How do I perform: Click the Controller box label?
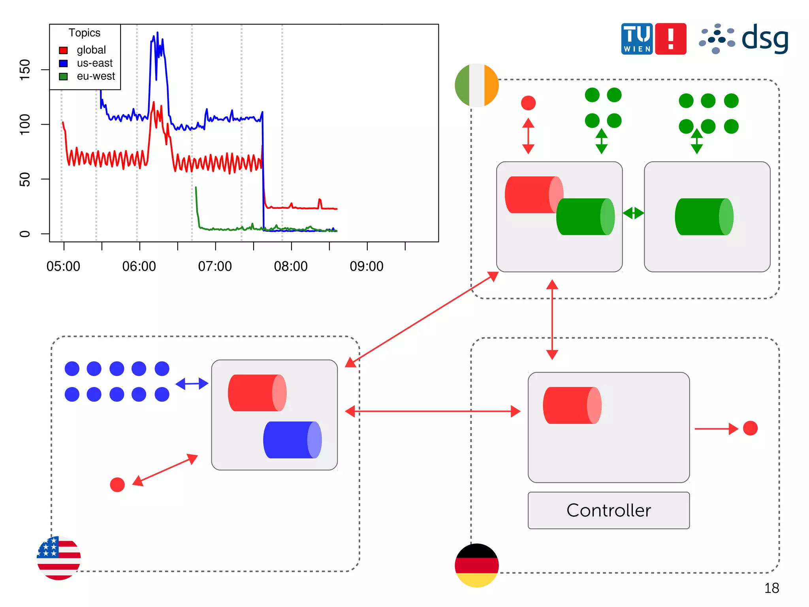click(x=608, y=510)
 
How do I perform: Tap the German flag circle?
click(x=477, y=565)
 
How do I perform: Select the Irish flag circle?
click(x=477, y=85)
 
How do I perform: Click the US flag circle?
click(x=58, y=558)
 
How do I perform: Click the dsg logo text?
click(x=765, y=39)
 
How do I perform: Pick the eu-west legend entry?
click(x=96, y=76)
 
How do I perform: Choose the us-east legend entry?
click(x=94, y=63)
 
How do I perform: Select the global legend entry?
click(x=91, y=50)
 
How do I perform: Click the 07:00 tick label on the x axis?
click(x=215, y=266)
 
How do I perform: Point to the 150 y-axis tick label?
click(x=24, y=70)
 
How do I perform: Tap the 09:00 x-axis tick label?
click(x=367, y=266)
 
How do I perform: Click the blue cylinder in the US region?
click(x=292, y=440)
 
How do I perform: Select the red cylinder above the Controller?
click(x=572, y=405)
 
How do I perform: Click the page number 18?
click(x=771, y=588)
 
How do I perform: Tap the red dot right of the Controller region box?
click(x=750, y=428)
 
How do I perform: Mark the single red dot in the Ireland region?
click(x=528, y=103)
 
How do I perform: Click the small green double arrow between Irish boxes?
click(x=633, y=213)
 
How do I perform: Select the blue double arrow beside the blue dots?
click(x=192, y=384)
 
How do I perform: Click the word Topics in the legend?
click(x=85, y=33)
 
